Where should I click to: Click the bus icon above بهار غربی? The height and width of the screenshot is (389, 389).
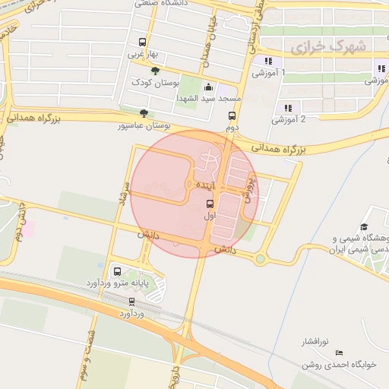[x=142, y=43]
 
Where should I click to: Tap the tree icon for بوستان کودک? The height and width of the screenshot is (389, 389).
[x=156, y=71]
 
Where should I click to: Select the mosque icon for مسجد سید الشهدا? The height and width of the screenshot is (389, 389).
[x=208, y=88]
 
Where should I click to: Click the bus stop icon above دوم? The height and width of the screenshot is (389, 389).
[x=232, y=116]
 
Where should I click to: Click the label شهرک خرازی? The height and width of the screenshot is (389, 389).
[x=327, y=46]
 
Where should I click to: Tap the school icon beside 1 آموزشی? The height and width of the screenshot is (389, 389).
[x=267, y=62]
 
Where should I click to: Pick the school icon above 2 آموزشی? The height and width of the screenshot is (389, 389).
[x=287, y=108]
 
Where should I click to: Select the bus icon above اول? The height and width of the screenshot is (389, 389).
[x=210, y=204]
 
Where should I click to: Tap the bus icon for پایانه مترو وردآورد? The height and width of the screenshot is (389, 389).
[x=117, y=271]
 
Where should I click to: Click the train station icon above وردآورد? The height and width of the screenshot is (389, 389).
[x=133, y=302]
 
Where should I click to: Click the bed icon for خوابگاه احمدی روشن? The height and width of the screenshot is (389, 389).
[x=339, y=353]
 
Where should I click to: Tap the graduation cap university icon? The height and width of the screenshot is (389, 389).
[x=364, y=226]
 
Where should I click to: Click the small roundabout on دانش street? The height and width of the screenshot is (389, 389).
[x=261, y=259]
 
